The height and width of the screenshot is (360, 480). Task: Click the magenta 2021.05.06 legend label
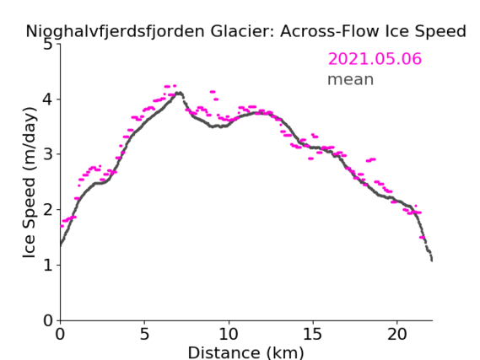[x=375, y=58]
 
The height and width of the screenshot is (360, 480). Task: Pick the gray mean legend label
[x=351, y=79]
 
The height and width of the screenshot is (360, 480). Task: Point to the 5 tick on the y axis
[x=48, y=45]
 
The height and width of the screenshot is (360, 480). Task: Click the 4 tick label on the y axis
[x=48, y=99]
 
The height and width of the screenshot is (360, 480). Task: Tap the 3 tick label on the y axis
[x=48, y=154]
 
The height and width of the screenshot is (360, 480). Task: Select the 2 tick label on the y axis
[x=48, y=210]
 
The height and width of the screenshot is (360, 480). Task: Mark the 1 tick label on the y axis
[x=48, y=266]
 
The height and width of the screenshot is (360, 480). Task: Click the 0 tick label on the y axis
[x=48, y=320]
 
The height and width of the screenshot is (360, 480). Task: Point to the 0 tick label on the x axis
[x=60, y=334]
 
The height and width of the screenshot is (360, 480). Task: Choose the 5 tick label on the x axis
[x=144, y=334]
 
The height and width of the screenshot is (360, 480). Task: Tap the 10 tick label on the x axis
[x=229, y=334]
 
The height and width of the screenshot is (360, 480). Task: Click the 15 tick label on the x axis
[x=313, y=334]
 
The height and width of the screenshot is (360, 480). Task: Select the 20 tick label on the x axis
[x=397, y=334]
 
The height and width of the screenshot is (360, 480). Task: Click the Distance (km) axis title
[x=245, y=352]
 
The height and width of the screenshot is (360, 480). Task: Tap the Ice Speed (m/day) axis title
[x=30, y=183]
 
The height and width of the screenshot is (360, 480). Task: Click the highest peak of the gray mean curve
[x=180, y=93]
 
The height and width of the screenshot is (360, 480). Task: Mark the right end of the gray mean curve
[x=432, y=261]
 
